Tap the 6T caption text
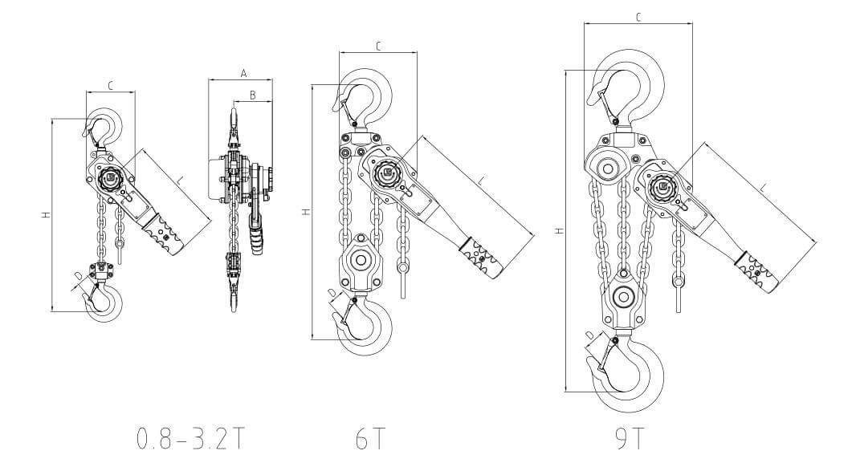[x=371, y=438]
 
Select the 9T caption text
[x=629, y=438]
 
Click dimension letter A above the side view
[x=243, y=73]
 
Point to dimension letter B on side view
[x=253, y=95]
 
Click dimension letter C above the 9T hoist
[x=638, y=18]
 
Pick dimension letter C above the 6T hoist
[x=377, y=47]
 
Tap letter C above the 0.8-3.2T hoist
[x=110, y=86]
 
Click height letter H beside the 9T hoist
[x=558, y=231]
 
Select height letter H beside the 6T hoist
[x=307, y=212]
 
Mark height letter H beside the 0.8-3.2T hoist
[x=47, y=215]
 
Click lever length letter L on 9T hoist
[x=764, y=188]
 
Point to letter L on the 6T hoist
[x=481, y=181]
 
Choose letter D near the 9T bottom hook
[x=589, y=335]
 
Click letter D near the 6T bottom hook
[x=332, y=293]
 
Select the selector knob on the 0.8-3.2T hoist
[x=109, y=178]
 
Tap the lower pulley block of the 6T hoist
[x=361, y=263]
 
